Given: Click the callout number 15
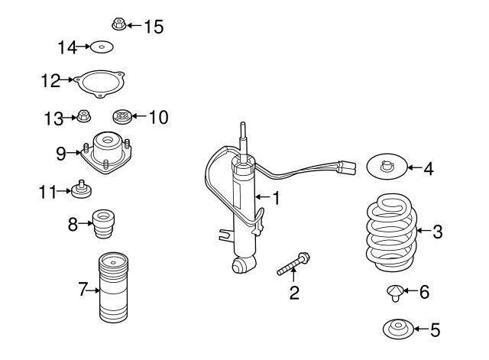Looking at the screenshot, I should point(154,27).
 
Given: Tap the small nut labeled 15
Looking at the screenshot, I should point(118,24).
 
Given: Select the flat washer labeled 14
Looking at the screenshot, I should point(102,48).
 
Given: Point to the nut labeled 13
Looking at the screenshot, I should point(83,118).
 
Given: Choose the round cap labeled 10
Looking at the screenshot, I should point(120,118).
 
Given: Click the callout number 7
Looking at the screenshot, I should point(83,290).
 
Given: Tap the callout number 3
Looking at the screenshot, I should point(437,232).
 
